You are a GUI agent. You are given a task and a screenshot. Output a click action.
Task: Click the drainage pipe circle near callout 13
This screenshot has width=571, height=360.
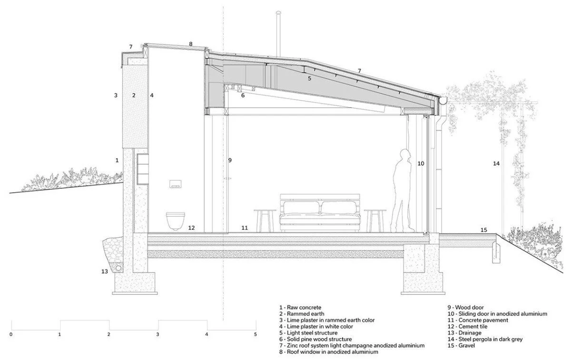117,271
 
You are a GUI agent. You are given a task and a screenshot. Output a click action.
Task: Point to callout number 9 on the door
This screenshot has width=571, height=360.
229,160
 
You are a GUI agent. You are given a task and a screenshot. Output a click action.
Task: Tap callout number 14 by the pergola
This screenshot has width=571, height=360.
496,164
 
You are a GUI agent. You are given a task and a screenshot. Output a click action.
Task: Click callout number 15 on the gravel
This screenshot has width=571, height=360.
483,230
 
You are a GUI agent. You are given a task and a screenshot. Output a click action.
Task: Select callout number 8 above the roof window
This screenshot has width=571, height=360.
190,44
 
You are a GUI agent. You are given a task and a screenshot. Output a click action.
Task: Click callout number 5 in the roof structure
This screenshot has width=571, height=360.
309,78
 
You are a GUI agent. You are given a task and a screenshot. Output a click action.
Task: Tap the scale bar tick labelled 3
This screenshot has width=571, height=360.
158,334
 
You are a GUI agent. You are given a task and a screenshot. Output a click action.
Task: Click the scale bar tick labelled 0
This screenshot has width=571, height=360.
10,334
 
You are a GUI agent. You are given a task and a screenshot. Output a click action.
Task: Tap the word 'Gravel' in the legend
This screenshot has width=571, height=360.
467,345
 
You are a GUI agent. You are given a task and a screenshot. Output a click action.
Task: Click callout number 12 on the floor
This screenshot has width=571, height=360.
191,228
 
